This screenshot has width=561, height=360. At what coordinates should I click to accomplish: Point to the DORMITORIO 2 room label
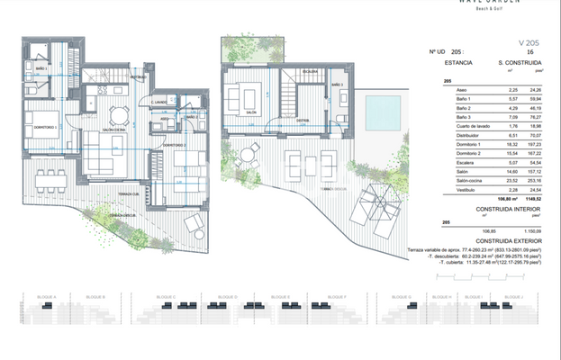174,144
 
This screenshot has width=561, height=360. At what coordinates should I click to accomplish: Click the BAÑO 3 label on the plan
337,85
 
